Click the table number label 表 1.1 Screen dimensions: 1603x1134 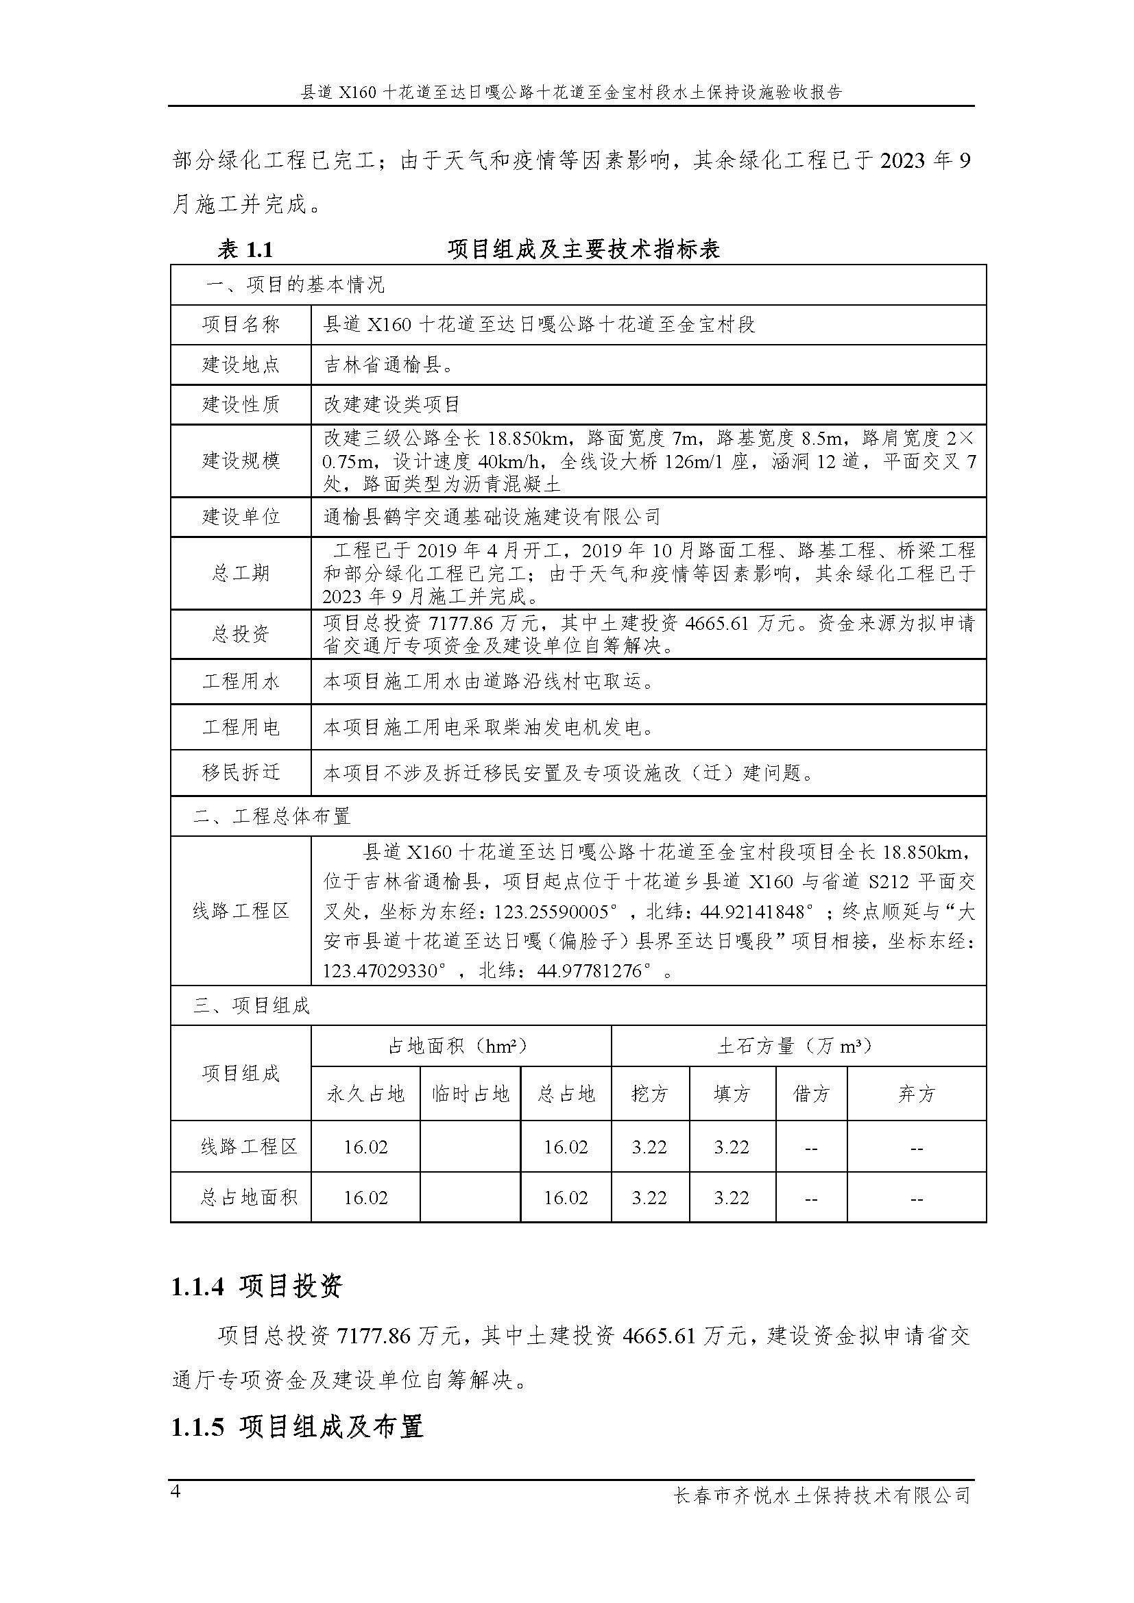tap(244, 249)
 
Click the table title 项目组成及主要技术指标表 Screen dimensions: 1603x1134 tap(583, 249)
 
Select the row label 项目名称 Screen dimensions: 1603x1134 tap(241, 325)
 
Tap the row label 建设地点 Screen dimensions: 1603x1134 tap(241, 365)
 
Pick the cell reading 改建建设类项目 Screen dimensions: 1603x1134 tap(391, 404)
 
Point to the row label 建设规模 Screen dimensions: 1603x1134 tap(241, 461)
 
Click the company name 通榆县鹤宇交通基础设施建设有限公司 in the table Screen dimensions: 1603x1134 tap(492, 517)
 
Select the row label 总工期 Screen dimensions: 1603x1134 tap(241, 573)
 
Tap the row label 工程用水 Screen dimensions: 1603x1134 tap(241, 681)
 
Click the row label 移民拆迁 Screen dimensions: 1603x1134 tap(241, 772)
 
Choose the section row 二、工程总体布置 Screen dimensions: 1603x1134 tap(272, 816)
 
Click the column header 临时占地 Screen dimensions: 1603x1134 tap(470, 1093)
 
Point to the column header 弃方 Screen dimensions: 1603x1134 tap(916, 1093)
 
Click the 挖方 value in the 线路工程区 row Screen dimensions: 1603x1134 tap(649, 1147)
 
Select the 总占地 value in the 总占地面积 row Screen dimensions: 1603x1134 tap(566, 1198)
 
